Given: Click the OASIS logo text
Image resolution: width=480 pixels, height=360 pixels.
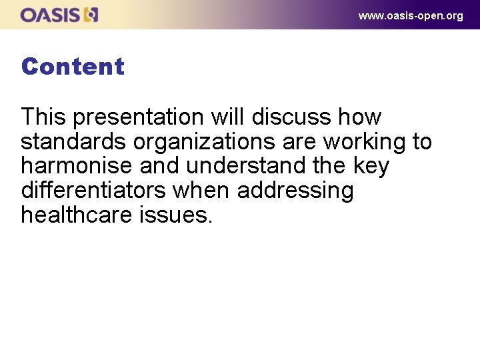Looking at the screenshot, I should [x=50, y=15].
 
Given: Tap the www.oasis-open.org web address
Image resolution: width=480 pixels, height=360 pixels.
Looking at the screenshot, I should [x=411, y=15].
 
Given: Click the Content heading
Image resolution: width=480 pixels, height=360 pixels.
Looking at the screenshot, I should [x=73, y=67].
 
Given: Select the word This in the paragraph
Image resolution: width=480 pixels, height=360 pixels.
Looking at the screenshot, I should [x=43, y=117].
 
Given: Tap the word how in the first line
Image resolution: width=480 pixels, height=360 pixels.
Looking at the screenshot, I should [x=360, y=117].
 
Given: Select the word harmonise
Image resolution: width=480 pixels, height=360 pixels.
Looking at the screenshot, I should [x=77, y=166].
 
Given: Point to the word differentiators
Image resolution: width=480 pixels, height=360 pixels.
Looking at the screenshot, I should [x=93, y=191].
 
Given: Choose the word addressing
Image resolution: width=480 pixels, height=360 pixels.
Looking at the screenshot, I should [x=295, y=191].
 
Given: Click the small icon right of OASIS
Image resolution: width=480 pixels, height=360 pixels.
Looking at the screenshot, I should [x=91, y=15].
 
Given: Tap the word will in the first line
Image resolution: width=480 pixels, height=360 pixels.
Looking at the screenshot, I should [x=229, y=117].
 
